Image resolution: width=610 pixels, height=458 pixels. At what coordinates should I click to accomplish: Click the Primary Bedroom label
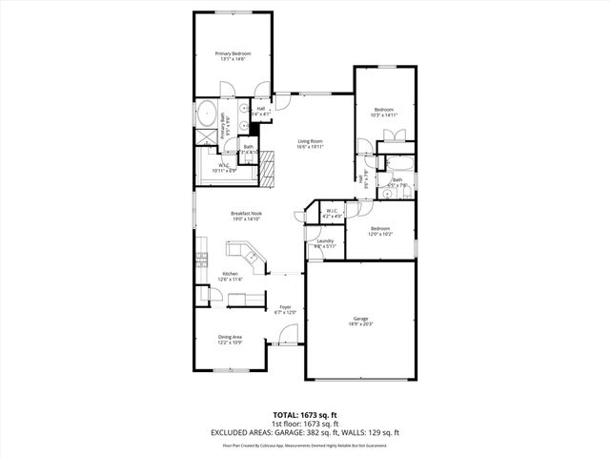pos(233,53)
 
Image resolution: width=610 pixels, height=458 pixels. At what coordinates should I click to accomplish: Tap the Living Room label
pos(311,141)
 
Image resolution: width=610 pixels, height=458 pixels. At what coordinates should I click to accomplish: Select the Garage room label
pos(360,319)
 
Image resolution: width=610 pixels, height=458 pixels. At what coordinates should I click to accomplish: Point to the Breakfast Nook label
pos(246,214)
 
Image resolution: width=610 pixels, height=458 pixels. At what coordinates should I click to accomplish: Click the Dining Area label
pos(230,336)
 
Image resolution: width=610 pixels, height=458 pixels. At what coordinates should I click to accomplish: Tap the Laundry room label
pos(325,241)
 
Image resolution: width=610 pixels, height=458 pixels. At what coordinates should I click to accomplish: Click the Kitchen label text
pos(231,274)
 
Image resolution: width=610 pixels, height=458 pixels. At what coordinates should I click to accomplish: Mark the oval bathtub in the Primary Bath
pos(207,114)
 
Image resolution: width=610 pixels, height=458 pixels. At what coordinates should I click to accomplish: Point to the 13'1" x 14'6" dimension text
pos(233,59)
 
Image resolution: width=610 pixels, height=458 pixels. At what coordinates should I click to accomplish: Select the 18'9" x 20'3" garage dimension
pos(360,324)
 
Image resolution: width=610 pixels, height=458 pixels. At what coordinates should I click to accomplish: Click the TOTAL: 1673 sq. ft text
pos(304,416)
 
